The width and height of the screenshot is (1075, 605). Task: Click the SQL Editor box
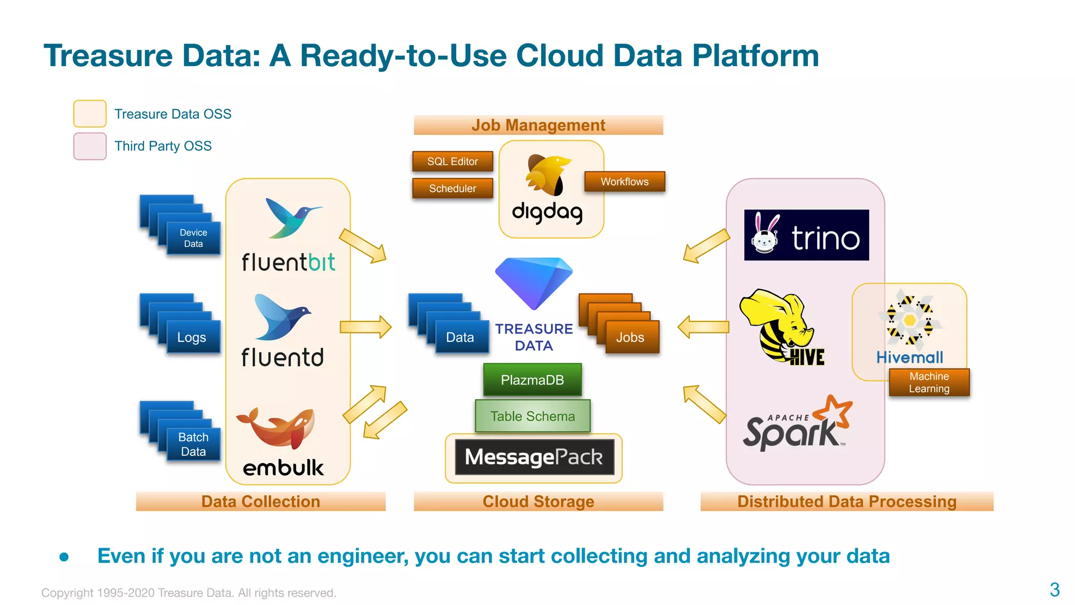pyautogui.click(x=452, y=161)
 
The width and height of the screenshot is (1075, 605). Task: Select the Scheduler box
pyautogui.click(x=452, y=188)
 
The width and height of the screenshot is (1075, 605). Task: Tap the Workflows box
pyautogui.click(x=625, y=181)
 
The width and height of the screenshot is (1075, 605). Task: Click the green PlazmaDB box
pyautogui.click(x=532, y=380)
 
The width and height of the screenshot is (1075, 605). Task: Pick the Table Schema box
pyautogui.click(x=532, y=416)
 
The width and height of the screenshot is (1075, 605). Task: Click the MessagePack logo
pyautogui.click(x=534, y=457)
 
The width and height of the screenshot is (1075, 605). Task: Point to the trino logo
pyautogui.click(x=806, y=235)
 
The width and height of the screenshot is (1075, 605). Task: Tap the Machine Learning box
pyautogui.click(x=929, y=382)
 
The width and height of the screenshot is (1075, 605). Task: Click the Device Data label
pyautogui.click(x=193, y=238)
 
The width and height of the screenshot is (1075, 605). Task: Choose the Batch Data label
pyautogui.click(x=193, y=444)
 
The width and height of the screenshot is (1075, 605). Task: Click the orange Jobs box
pyautogui.click(x=630, y=337)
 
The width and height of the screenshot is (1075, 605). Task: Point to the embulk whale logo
pyautogui.click(x=277, y=426)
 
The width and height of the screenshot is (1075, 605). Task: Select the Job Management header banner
pyautogui.click(x=538, y=125)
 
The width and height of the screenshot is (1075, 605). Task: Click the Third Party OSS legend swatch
pyautogui.click(x=90, y=146)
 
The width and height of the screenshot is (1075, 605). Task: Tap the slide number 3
pyautogui.click(x=1055, y=589)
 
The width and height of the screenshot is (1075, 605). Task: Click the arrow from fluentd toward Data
pyautogui.click(x=366, y=327)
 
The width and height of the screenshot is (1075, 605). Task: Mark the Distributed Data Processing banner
pyautogui.click(x=847, y=501)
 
